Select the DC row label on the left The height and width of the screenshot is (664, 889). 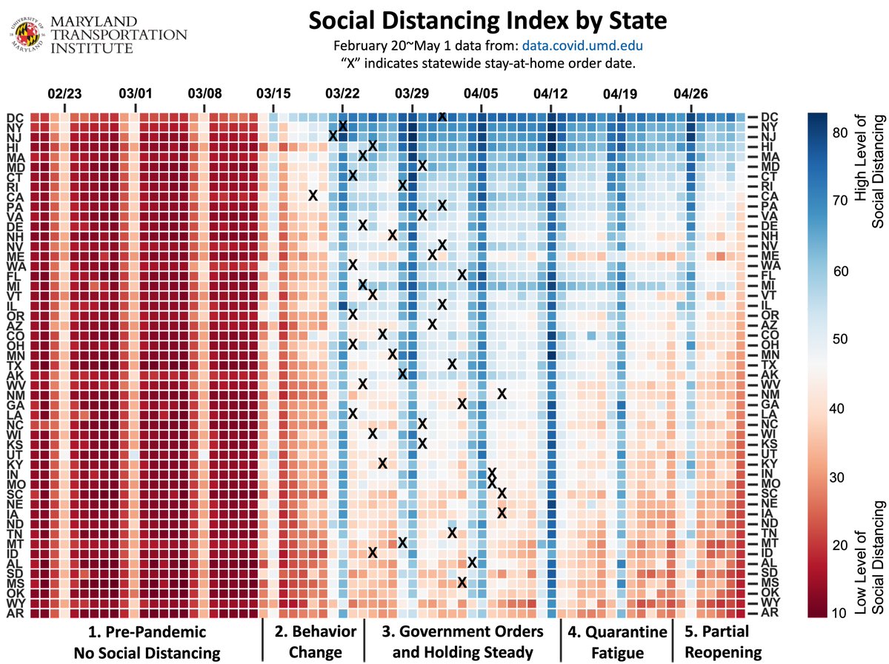(15, 117)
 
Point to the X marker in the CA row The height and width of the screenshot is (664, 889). (313, 195)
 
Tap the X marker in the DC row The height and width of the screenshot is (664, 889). (442, 116)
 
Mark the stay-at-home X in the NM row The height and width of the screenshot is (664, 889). (502, 393)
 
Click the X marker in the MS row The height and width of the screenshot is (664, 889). (462, 582)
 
